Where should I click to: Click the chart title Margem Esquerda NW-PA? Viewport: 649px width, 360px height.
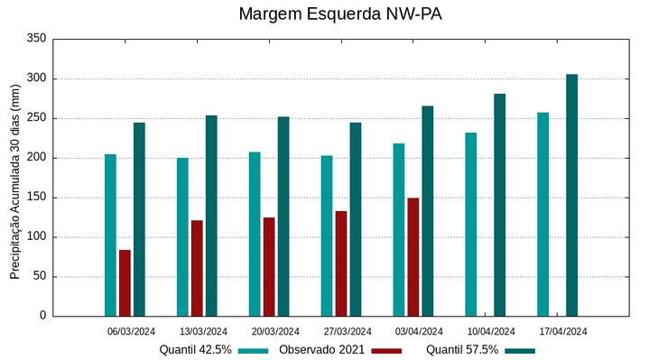340,14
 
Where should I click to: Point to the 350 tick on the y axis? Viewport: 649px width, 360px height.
36,39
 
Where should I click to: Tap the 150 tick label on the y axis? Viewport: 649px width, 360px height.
36,198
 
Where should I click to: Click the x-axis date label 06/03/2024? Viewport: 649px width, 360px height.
131,331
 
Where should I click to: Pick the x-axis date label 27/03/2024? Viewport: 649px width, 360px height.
347,331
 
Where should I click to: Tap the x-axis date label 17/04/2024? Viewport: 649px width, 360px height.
563,331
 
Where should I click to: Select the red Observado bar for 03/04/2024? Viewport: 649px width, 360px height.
413,257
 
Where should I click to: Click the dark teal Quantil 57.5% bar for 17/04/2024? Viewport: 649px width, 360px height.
571,195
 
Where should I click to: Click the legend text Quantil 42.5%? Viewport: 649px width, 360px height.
195,350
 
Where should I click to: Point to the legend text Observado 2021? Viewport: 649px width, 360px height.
321,350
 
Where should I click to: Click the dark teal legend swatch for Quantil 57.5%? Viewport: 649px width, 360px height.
520,350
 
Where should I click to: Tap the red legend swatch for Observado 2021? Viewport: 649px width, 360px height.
386,350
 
